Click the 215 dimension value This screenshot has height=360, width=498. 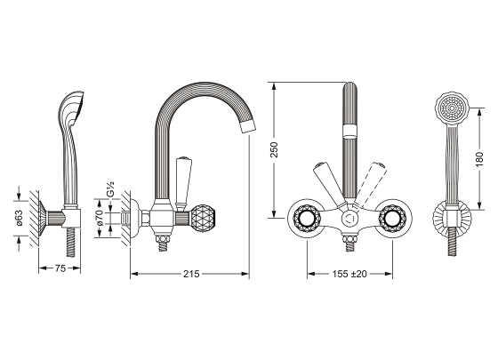point(191,274)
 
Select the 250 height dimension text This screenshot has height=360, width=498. point(274,150)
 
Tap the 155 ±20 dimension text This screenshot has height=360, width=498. point(349,274)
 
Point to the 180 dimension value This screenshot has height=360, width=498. point(479,159)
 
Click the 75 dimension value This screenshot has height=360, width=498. point(60,268)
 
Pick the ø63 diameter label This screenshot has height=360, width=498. point(20,218)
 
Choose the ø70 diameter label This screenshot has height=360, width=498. point(100,218)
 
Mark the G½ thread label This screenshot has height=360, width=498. point(111,189)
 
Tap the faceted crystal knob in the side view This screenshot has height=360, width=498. point(202,218)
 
